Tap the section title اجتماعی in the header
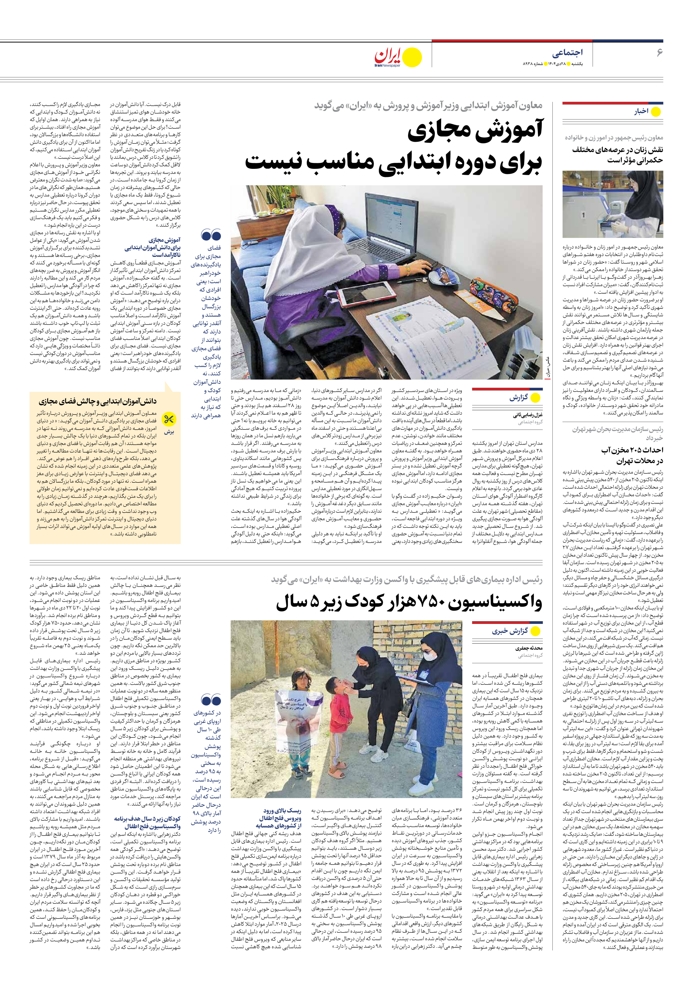[x=567, y=53]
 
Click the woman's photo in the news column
[x=612, y=204]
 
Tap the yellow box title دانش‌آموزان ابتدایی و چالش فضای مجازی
[x=98, y=401]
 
